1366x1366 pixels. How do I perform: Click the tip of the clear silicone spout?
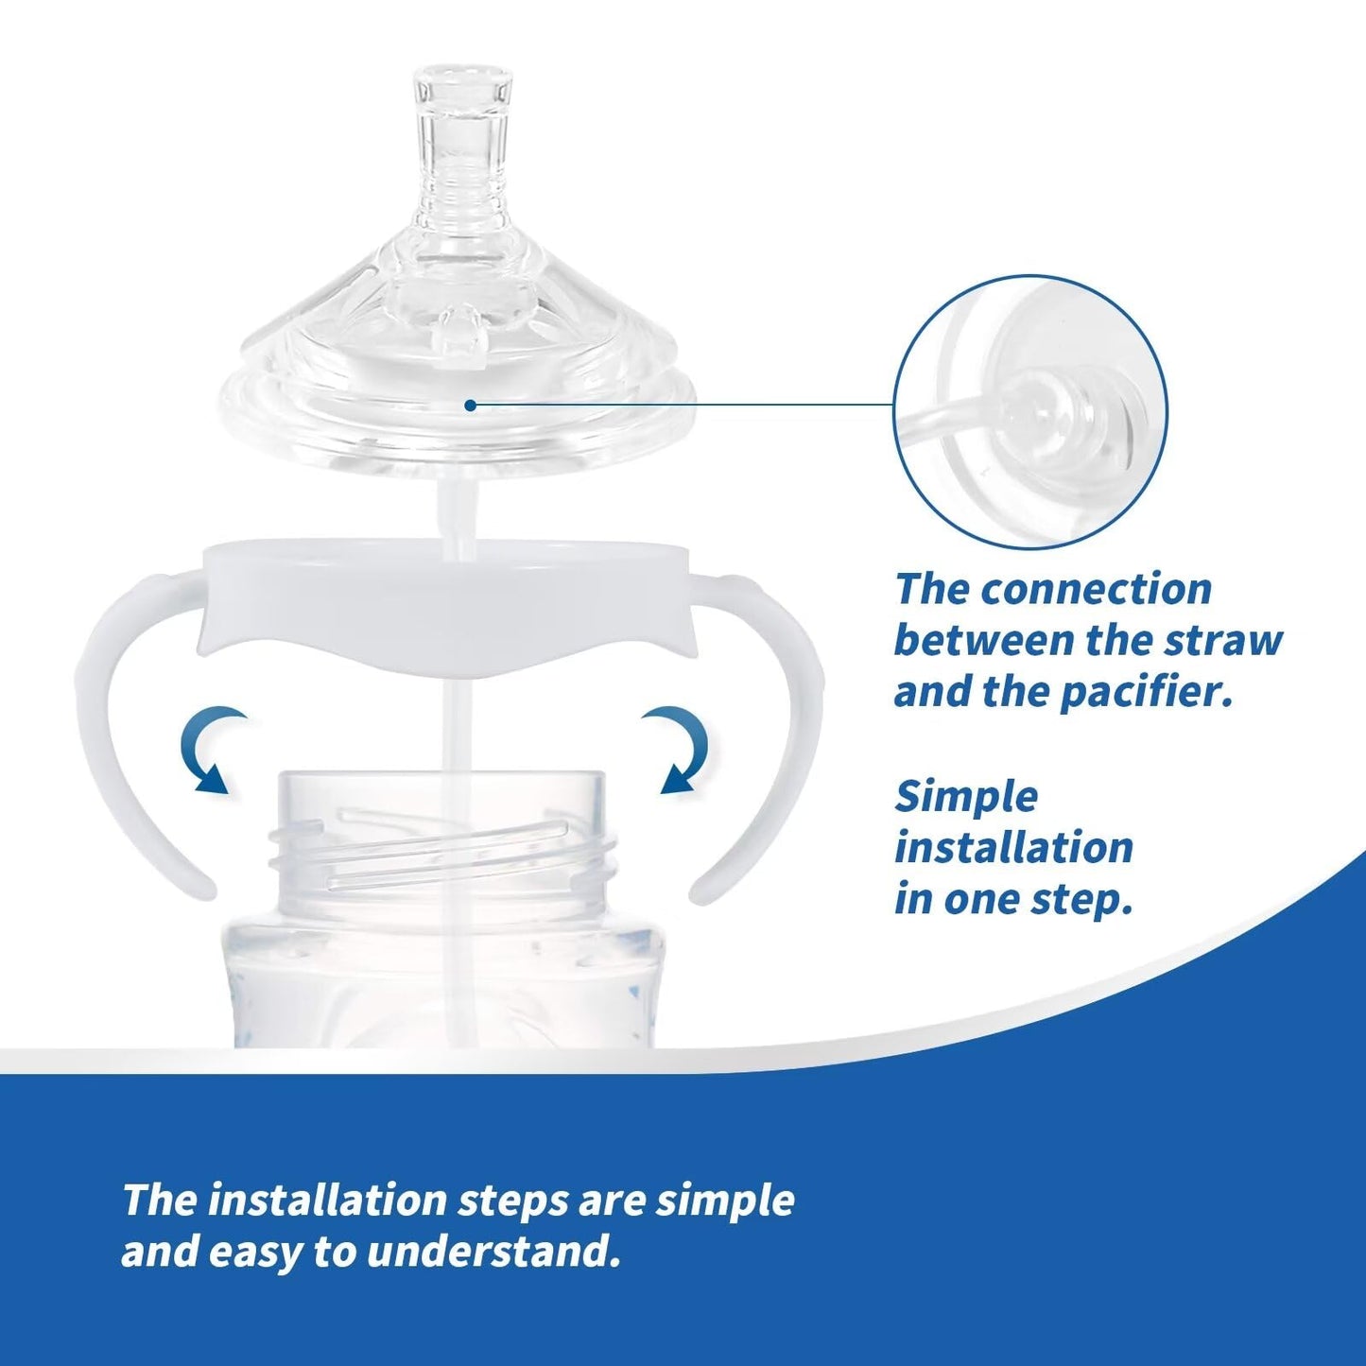click(x=463, y=72)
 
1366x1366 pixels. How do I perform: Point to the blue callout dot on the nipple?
click(x=470, y=406)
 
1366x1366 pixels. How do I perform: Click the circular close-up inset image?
click(x=1030, y=412)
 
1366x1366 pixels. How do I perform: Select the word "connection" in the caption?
click(x=1093, y=589)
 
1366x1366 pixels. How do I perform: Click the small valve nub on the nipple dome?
click(x=458, y=331)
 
